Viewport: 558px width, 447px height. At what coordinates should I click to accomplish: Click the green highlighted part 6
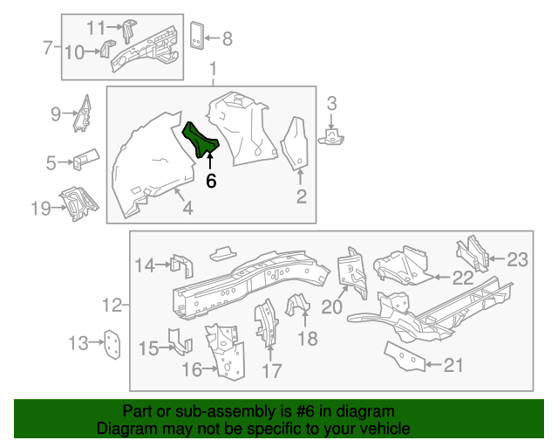pyautogui.click(x=201, y=141)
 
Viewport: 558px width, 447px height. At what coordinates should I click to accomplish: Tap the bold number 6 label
pyautogui.click(x=210, y=181)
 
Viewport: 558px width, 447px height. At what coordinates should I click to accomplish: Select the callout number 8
pyautogui.click(x=228, y=38)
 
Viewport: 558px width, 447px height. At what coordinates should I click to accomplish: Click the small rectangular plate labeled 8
pyautogui.click(x=198, y=36)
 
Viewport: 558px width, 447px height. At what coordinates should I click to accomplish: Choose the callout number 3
pyautogui.click(x=331, y=105)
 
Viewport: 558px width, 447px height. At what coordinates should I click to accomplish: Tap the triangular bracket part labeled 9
pyautogui.click(x=85, y=113)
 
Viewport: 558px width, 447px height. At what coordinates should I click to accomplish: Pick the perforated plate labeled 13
pyautogui.click(x=112, y=343)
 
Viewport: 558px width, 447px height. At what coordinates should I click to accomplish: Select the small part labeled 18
pyautogui.click(x=298, y=308)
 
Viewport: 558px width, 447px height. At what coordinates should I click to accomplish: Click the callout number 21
pyautogui.click(x=453, y=365)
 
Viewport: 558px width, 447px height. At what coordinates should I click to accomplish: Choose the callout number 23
pyautogui.click(x=518, y=258)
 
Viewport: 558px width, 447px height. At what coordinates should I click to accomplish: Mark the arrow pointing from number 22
pyautogui.click(x=441, y=278)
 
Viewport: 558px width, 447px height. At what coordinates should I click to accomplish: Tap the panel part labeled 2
pyautogui.click(x=297, y=143)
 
